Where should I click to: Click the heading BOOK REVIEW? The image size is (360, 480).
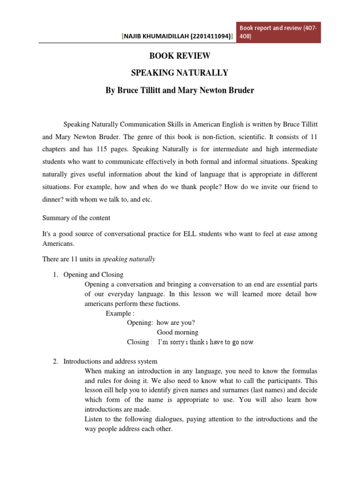pyautogui.click(x=180, y=56)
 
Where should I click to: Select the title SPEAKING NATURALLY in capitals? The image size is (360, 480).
pyautogui.click(x=180, y=73)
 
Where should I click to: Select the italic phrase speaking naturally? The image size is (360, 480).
pyautogui.click(x=128, y=259)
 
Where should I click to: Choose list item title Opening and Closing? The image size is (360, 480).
pyautogui.click(x=93, y=275)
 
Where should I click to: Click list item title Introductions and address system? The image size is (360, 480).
pyautogui.click(x=110, y=361)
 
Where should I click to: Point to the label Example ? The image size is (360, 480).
pyautogui.click(x=120, y=314)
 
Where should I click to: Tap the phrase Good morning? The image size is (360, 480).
pyautogui.click(x=177, y=332)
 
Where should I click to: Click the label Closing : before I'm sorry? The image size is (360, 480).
pyautogui.click(x=139, y=342)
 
